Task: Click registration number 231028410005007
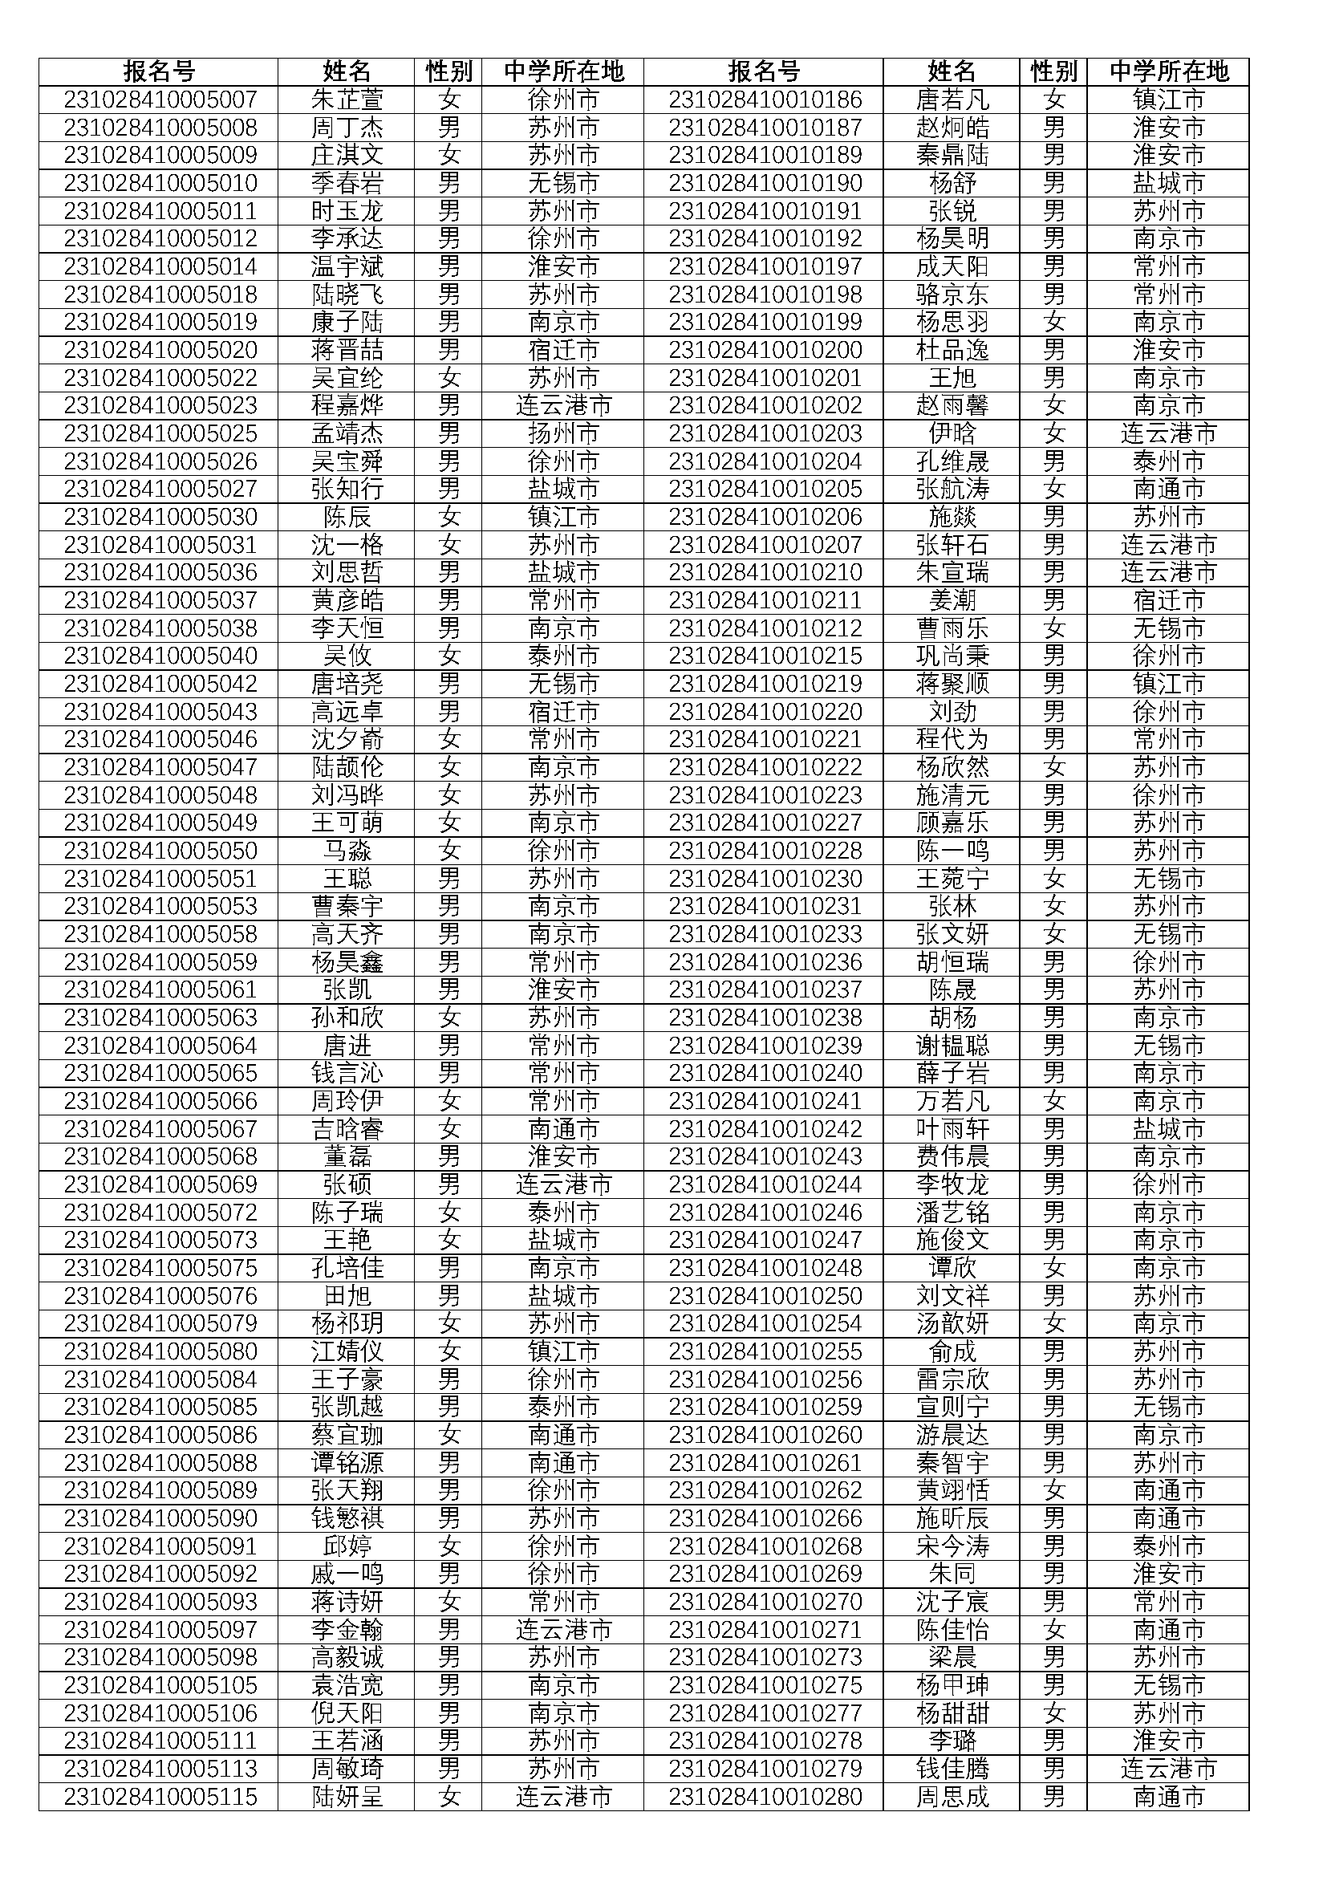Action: (x=160, y=100)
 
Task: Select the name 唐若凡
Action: (x=952, y=100)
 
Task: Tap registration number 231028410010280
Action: (x=765, y=1797)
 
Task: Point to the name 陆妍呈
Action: (x=347, y=1797)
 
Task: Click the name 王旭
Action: (x=952, y=378)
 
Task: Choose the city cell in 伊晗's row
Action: (x=1167, y=433)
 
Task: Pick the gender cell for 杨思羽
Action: (x=1054, y=322)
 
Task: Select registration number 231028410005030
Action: (x=160, y=517)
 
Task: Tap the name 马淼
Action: (x=347, y=851)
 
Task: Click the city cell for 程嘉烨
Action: (x=563, y=405)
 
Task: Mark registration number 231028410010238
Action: (x=765, y=1018)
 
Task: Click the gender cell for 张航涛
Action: (x=1054, y=489)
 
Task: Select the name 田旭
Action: (x=347, y=1296)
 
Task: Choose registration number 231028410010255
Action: (x=765, y=1351)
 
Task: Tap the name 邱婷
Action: (x=347, y=1546)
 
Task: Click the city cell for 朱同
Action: (x=1167, y=1574)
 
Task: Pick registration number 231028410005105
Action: (x=160, y=1686)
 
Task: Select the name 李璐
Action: (x=952, y=1741)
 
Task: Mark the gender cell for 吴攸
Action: (x=448, y=656)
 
